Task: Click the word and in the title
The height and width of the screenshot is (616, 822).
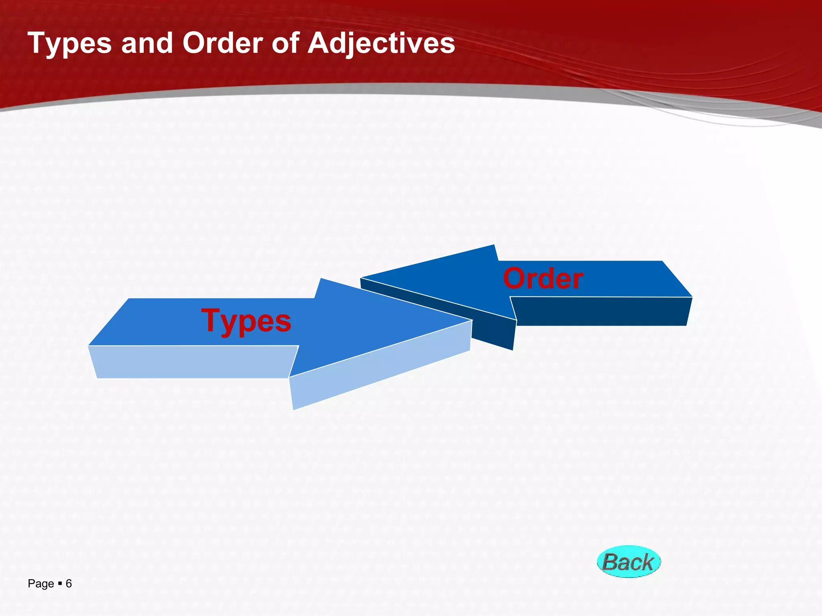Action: (147, 43)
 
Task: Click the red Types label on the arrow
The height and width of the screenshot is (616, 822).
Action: (246, 321)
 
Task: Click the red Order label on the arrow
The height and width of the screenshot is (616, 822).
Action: (543, 279)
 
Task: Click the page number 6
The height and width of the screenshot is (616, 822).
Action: (69, 584)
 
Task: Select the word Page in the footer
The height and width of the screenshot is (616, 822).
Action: (41, 584)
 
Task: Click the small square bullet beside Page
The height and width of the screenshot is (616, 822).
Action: (60, 583)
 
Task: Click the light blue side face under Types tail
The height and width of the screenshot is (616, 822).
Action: (193, 362)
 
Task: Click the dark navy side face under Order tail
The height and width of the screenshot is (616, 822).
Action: (602, 311)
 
